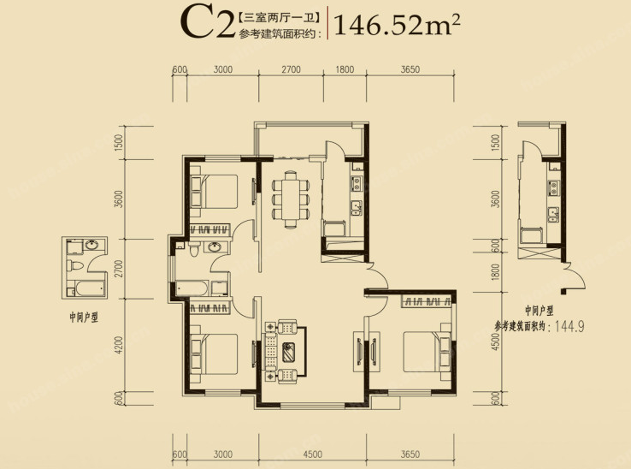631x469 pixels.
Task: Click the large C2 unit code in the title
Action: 207,23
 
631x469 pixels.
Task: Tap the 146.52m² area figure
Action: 397,24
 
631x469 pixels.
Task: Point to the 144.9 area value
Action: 569,325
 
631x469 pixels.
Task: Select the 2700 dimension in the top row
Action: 291,69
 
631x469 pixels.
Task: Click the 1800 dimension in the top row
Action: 345,69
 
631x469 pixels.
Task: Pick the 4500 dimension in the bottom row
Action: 312,454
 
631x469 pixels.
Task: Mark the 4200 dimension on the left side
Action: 118,345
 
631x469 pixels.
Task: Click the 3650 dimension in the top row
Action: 410,69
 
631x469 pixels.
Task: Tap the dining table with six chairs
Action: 290,199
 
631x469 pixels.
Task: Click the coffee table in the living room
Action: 289,352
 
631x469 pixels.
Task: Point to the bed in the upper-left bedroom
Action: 214,192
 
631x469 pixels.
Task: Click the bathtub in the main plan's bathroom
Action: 192,288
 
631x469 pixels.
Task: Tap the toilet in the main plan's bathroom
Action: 194,248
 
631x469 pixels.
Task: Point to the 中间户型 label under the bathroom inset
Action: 84,318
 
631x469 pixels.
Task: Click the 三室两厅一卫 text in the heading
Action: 279,18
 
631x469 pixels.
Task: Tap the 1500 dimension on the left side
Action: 118,142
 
